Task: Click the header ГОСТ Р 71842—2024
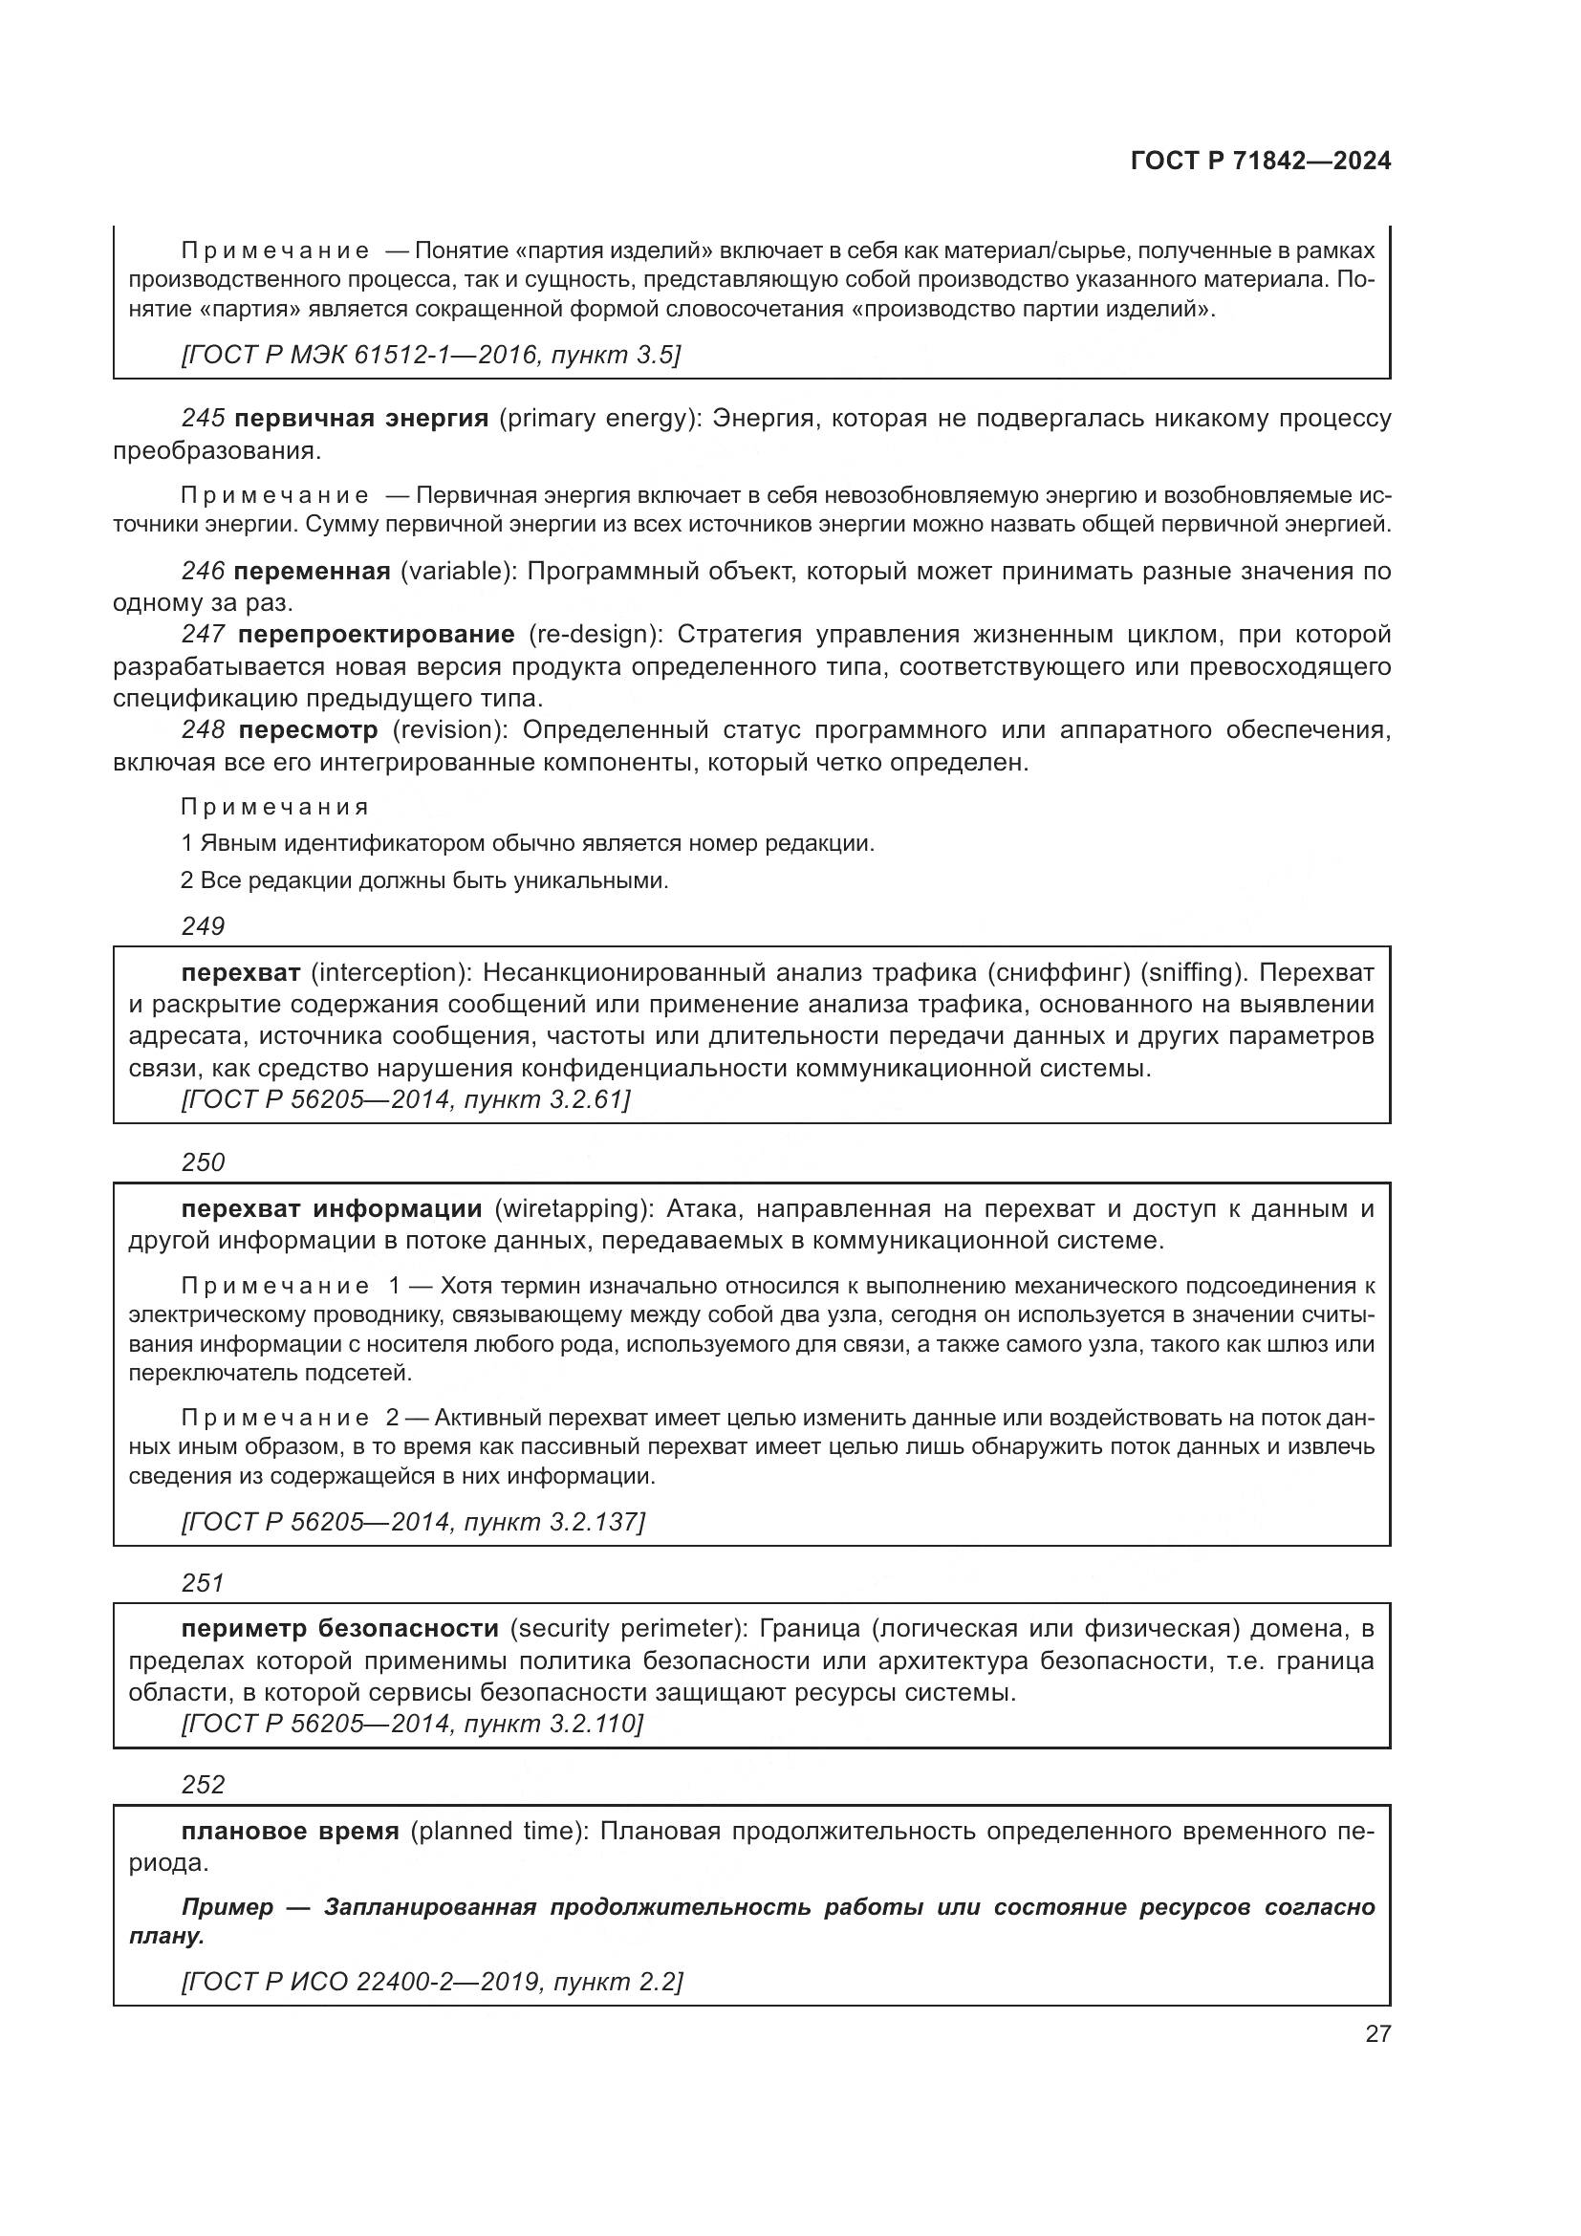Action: [1260, 162]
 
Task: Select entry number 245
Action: [203, 419]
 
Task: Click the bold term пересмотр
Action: [308, 729]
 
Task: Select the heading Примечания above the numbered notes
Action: [275, 807]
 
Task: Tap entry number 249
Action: [203, 926]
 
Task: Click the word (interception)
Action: [391, 972]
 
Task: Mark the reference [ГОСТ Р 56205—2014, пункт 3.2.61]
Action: [406, 1099]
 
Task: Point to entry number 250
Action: [203, 1161]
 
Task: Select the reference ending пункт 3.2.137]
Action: [413, 1521]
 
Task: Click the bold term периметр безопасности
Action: [339, 1628]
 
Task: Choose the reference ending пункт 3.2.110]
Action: [412, 1724]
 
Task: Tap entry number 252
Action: [203, 1784]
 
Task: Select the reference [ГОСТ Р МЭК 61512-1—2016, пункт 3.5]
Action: [430, 355]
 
